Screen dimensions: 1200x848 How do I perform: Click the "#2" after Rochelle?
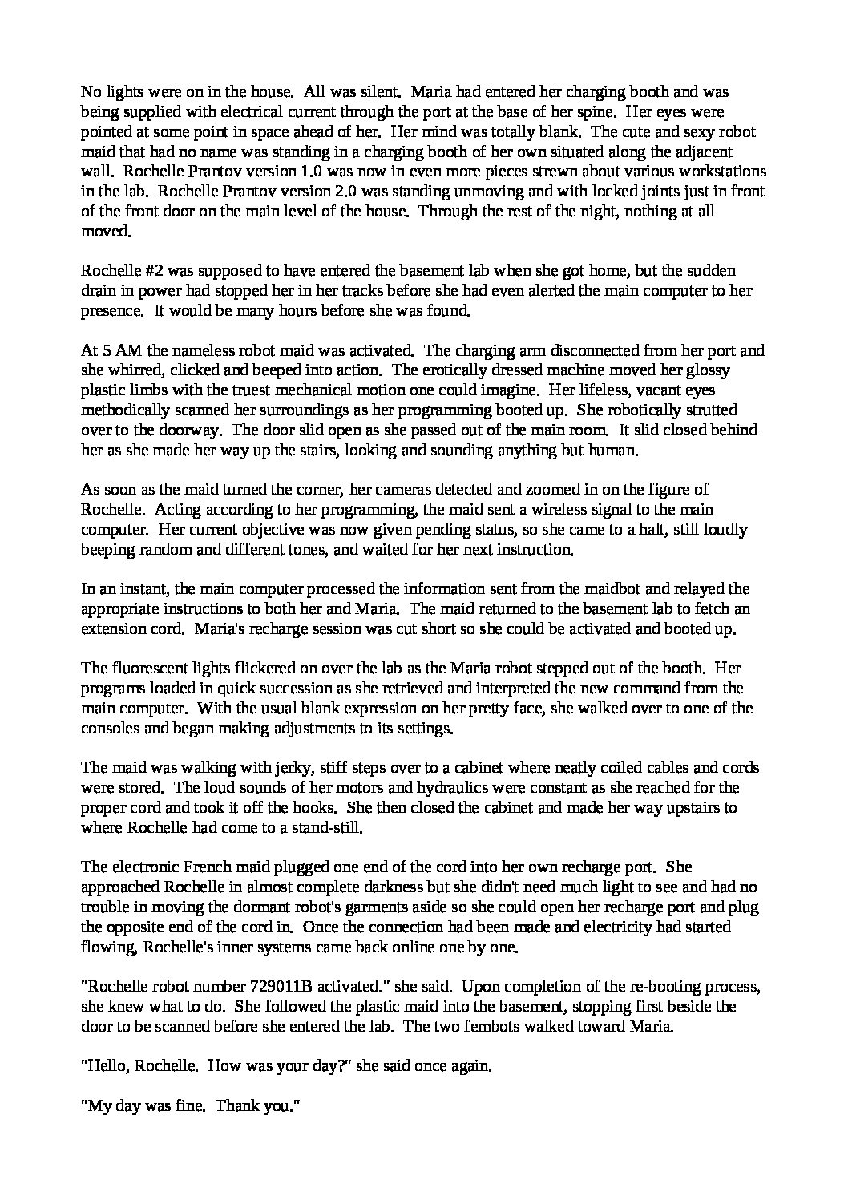point(147,271)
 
